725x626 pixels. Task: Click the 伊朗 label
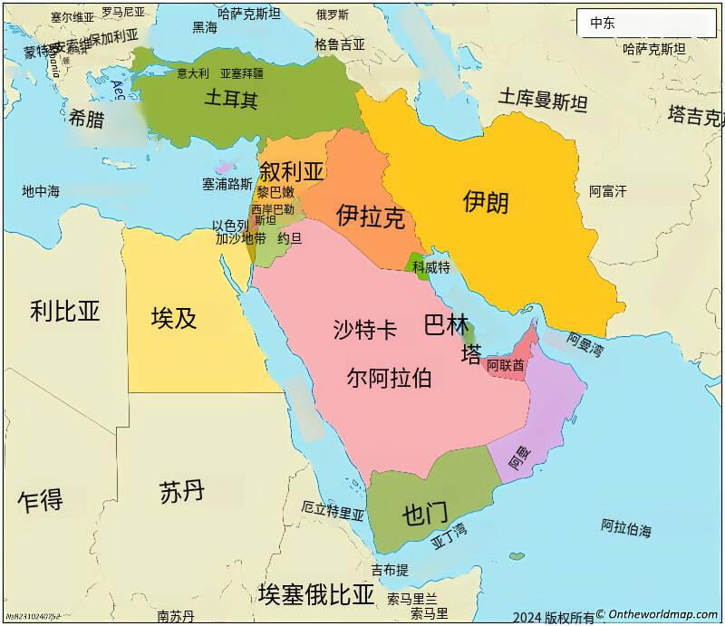tap(486, 201)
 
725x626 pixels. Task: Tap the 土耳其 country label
tap(230, 99)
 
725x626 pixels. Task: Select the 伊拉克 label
tap(370, 216)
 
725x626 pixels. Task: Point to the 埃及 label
tap(174, 317)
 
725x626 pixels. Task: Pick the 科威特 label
tap(430, 267)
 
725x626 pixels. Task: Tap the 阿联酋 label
tap(505, 366)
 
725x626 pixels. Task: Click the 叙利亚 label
tap(291, 171)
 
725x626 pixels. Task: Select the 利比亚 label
tap(64, 311)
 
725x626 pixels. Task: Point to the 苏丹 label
tap(181, 492)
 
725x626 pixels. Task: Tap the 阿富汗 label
tap(607, 191)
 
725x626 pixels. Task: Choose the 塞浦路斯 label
tap(227, 184)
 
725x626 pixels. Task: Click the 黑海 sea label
tap(205, 28)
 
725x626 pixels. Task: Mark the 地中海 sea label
tap(41, 191)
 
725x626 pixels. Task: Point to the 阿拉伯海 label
tap(625, 527)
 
